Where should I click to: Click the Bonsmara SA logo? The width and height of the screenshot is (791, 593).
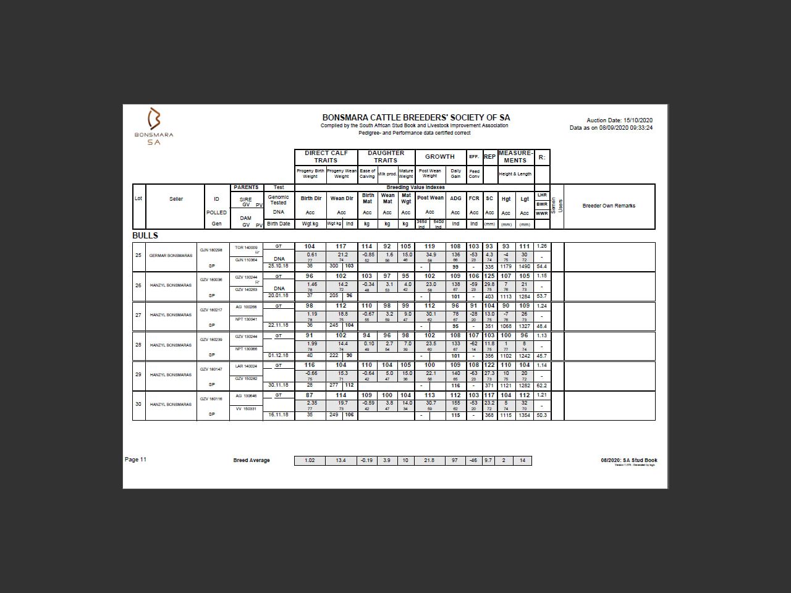coord(154,126)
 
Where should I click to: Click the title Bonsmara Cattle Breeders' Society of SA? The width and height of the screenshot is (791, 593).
coord(416,117)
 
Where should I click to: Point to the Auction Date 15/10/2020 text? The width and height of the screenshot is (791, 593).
coord(619,120)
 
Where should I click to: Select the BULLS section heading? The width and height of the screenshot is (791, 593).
coord(145,235)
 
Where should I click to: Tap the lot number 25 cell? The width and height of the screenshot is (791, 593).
coord(138,255)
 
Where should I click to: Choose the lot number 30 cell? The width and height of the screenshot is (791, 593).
coord(138,404)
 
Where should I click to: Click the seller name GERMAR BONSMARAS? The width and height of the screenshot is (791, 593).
coord(170,256)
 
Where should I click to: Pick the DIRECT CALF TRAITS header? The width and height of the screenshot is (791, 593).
coord(326,156)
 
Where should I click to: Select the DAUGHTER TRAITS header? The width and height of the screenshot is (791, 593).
coord(386,156)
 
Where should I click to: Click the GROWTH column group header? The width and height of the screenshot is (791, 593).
coord(439,157)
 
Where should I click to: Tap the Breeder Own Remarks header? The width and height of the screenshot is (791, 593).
coord(609,206)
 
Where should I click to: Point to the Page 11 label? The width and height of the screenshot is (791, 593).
coord(135,460)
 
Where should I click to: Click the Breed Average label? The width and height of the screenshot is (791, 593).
coord(252,460)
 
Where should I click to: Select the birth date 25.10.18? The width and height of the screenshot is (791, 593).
coord(278,266)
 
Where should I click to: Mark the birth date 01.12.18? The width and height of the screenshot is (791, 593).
coord(278,356)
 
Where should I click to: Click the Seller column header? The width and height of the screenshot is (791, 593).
coord(176,199)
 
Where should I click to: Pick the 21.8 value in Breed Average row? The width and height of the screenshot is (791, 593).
coord(429,460)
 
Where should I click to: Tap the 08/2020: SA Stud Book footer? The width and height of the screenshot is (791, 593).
coord(628,460)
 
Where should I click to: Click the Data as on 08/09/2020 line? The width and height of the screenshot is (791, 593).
coord(611,128)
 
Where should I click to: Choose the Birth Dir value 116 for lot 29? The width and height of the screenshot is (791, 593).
coord(310,365)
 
